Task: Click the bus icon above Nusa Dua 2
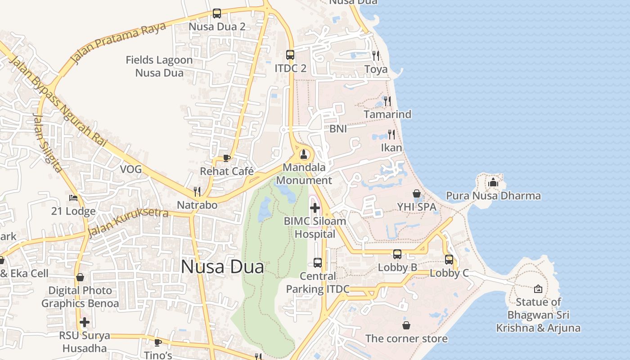pos(217,13)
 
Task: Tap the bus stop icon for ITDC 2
pos(290,55)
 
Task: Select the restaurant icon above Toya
pos(376,56)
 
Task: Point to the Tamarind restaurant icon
pos(387,101)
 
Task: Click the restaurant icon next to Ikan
pos(391,134)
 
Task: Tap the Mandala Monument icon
pos(304,155)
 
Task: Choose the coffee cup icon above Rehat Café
pos(227,158)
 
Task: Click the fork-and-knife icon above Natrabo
pos(197,192)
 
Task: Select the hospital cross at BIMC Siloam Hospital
pos(315,207)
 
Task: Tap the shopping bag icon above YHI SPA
pos(417,193)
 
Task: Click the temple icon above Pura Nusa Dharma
pos(493,183)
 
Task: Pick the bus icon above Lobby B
pos(397,254)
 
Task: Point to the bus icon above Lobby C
pos(449,260)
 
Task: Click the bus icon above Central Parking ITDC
pos(318,262)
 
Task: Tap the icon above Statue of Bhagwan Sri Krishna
pos(538,289)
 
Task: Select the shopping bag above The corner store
pos(406,325)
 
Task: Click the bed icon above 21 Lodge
pos(73,198)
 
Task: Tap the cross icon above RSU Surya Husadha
pos(85,322)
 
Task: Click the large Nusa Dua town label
pos(222,267)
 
